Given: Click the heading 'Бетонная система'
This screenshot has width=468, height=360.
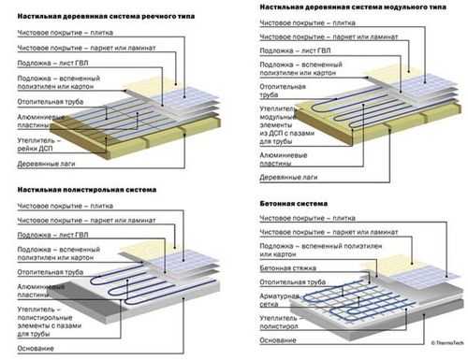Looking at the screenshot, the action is pos(294,204).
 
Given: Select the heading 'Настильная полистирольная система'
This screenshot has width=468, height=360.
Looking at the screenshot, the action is pos(87,190).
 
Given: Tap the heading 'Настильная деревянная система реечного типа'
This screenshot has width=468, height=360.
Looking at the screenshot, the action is pos(106,17).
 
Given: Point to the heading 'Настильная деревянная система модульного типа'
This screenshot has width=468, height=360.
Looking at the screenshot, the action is pos(353,7).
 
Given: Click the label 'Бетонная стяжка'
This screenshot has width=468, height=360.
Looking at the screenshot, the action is pos(288,268).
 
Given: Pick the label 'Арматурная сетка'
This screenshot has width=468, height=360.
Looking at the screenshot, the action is pos(280,300).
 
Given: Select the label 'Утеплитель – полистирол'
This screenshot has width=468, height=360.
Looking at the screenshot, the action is pos(279,323).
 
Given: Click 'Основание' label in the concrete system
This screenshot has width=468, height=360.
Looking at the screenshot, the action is pos(278,340).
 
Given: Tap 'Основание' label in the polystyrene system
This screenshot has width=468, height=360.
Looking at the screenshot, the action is pos(36,349).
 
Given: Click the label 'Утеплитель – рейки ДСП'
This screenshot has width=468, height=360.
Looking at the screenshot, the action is pos(37,144).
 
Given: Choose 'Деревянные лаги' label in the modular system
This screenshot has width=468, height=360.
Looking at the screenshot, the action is pos(288,178).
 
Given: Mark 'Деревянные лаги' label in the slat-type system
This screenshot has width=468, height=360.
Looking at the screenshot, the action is pos(46,164).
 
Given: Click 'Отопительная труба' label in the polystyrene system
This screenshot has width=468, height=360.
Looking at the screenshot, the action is pos(51,272).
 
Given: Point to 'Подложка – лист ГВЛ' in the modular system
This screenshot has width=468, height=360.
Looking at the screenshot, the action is pos(295,50).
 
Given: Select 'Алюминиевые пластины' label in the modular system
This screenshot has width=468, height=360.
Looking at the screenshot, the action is pos(284,159).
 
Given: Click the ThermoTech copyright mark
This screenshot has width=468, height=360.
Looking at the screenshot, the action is pos(447,343).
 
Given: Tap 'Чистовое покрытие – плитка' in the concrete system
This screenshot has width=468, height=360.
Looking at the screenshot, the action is pos(307,218).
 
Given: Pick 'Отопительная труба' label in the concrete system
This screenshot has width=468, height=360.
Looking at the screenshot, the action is pos(293,282).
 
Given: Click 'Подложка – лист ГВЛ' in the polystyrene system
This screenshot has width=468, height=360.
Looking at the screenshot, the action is pos(52,235).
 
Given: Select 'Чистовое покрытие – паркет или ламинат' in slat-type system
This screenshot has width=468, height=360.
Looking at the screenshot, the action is pos(86,48).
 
